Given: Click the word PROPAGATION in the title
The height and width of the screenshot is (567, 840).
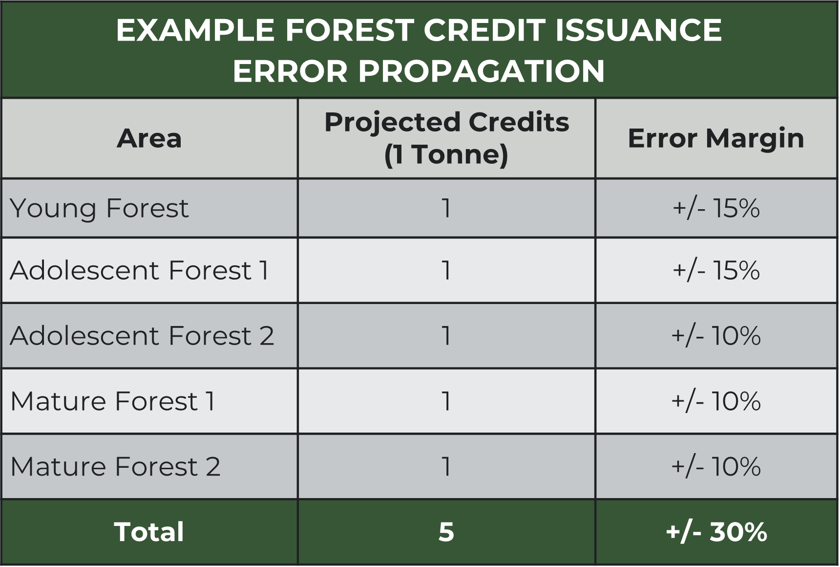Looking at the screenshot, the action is pyautogui.click(x=482, y=71).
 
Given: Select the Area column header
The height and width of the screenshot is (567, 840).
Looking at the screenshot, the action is pyautogui.click(x=149, y=138).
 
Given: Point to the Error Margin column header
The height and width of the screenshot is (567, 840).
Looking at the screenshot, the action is pyautogui.click(x=716, y=138).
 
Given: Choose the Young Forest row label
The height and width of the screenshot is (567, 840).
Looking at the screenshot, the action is pyautogui.click(x=99, y=209).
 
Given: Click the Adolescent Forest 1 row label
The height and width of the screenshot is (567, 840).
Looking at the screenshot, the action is pyautogui.click(x=139, y=270).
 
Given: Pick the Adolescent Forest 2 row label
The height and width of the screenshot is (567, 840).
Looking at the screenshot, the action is pyautogui.click(x=142, y=336).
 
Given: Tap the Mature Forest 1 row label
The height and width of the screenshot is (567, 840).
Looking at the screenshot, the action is pyautogui.click(x=113, y=401).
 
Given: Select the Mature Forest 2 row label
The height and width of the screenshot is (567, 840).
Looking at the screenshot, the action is pyautogui.click(x=115, y=467).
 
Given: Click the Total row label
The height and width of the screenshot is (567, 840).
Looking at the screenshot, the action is pyautogui.click(x=149, y=532).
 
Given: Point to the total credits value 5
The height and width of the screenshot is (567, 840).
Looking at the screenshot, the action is pyautogui.click(x=446, y=532).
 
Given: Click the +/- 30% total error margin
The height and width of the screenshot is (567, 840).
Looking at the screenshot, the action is pyautogui.click(x=716, y=532).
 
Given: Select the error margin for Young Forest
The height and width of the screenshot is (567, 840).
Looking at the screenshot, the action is pyautogui.click(x=716, y=209).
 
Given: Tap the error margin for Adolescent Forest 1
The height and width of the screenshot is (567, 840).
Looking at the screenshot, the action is pyautogui.click(x=716, y=270).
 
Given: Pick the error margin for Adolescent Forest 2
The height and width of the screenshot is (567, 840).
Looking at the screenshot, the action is pyautogui.click(x=716, y=336).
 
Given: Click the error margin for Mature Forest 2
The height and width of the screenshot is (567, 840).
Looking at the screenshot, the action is pyautogui.click(x=716, y=467).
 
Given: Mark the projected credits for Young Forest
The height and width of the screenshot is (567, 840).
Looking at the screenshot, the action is pyautogui.click(x=446, y=209).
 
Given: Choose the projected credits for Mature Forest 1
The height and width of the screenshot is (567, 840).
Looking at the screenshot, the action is pyautogui.click(x=446, y=401).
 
